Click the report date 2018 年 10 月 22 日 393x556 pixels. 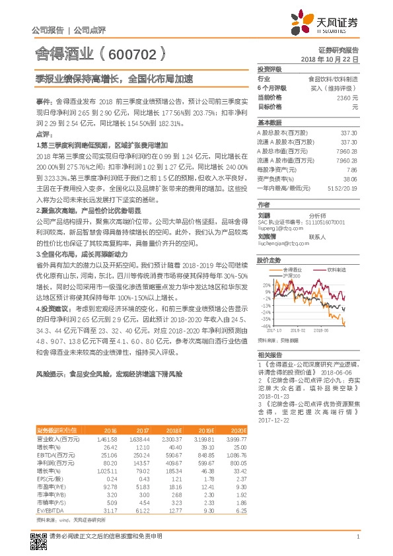point(330,59)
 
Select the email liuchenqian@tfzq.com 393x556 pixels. point(281,243)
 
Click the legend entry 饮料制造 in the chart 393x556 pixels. point(336,270)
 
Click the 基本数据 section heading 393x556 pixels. point(269,123)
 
